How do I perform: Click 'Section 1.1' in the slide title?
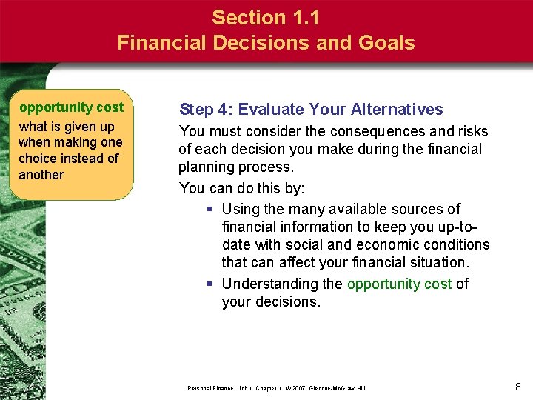(266, 17)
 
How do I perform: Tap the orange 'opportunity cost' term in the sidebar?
(71, 107)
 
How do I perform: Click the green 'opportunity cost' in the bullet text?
(399, 284)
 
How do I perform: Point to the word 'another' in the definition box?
(41, 175)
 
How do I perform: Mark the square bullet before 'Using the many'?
(211, 210)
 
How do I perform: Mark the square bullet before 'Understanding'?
(211, 284)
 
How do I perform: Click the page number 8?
(518, 386)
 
